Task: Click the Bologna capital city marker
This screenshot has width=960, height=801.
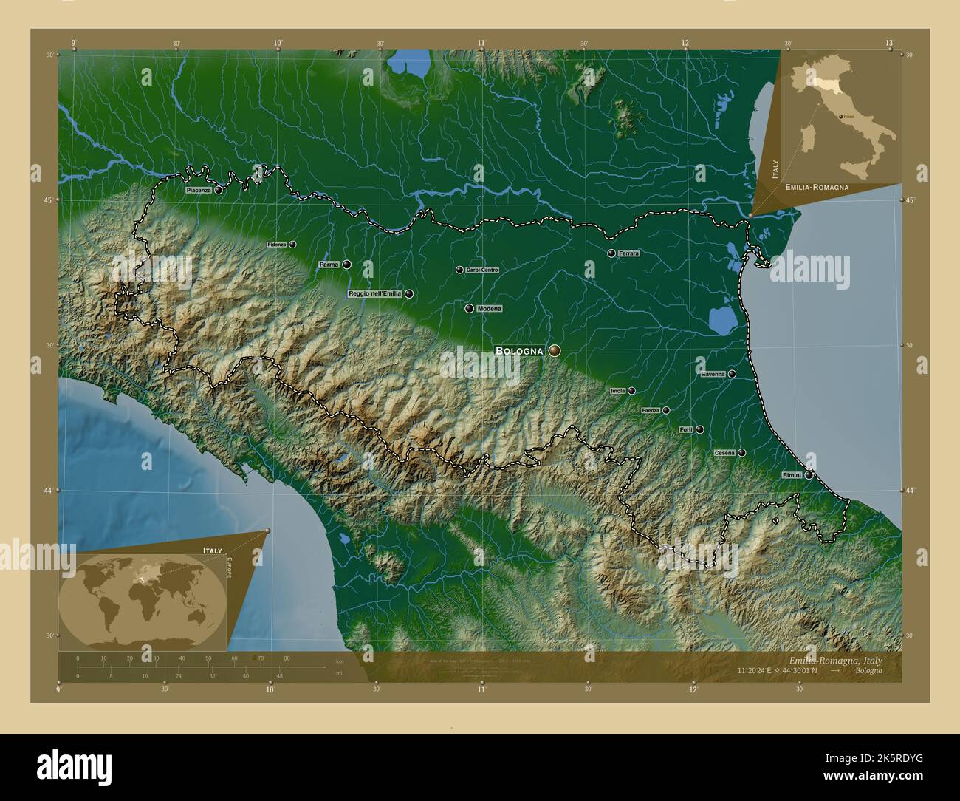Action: pos(554,351)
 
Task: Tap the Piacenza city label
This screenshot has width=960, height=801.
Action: pos(199,190)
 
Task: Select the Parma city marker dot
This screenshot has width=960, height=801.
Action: pos(346,264)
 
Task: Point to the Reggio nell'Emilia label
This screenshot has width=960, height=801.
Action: pos(375,293)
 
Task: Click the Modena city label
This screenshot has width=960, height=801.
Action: pos(490,308)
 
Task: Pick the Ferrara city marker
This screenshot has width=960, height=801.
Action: pos(611,253)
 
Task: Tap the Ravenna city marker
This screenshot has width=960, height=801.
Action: pos(732,374)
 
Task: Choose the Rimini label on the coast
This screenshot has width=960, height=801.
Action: pos(791,475)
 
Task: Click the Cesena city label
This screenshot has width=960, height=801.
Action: pos(724,452)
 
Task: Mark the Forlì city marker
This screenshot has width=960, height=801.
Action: pos(699,429)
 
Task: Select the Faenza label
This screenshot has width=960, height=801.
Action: pos(651,410)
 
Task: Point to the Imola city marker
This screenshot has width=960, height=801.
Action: pos(631,391)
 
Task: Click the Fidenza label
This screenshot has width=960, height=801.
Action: pos(276,244)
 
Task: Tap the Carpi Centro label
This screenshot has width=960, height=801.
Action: pos(482,270)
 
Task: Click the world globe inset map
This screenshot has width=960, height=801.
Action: pos(140,599)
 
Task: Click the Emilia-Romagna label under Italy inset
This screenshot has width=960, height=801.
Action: pos(817,188)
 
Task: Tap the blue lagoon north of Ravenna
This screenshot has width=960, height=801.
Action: pos(720,321)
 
